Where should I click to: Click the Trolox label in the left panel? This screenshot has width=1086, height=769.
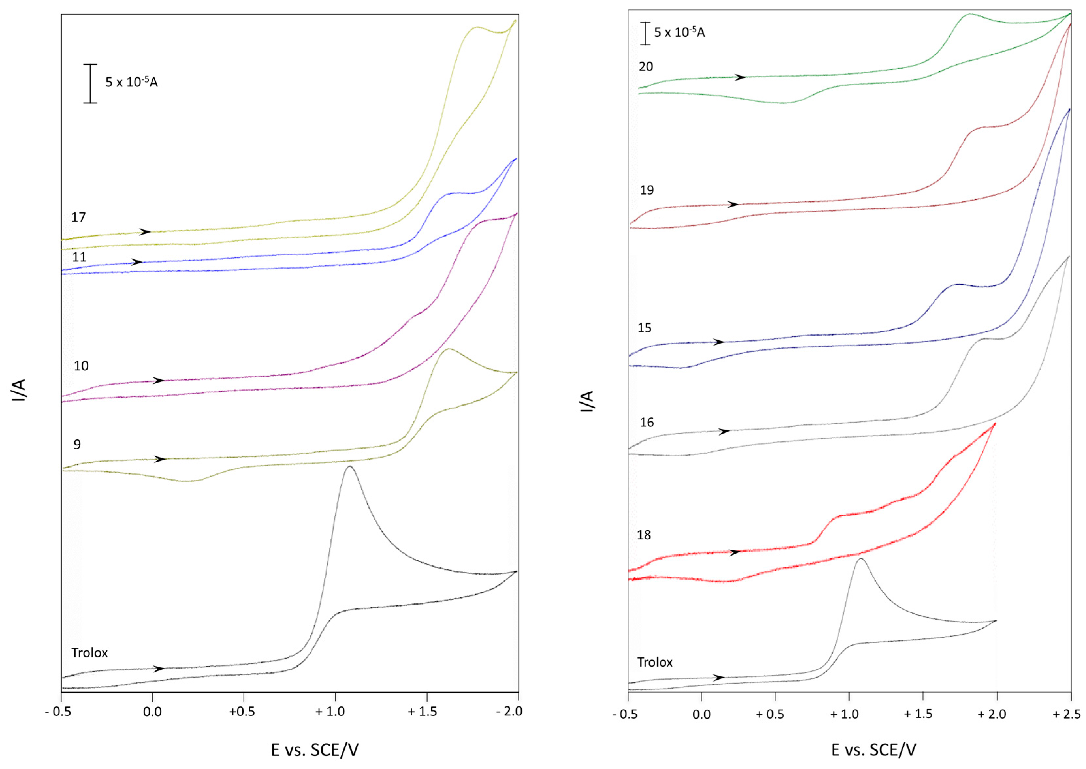pos(89,653)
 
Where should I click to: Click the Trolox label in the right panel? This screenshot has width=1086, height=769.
pos(654,662)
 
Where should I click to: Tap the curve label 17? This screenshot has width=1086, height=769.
pos(78,217)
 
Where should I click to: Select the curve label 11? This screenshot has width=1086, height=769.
pos(79,257)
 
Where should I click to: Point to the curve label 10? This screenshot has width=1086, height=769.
pos(81,365)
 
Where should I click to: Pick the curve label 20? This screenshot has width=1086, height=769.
pos(645,67)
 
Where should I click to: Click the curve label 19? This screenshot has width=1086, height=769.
pos(646,190)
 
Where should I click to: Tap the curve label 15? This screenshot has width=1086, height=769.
pos(645,328)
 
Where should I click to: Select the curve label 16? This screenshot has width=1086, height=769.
pos(646,423)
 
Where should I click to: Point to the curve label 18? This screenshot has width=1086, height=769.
pos(644,535)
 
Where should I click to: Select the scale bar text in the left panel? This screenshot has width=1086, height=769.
pos(131,83)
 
